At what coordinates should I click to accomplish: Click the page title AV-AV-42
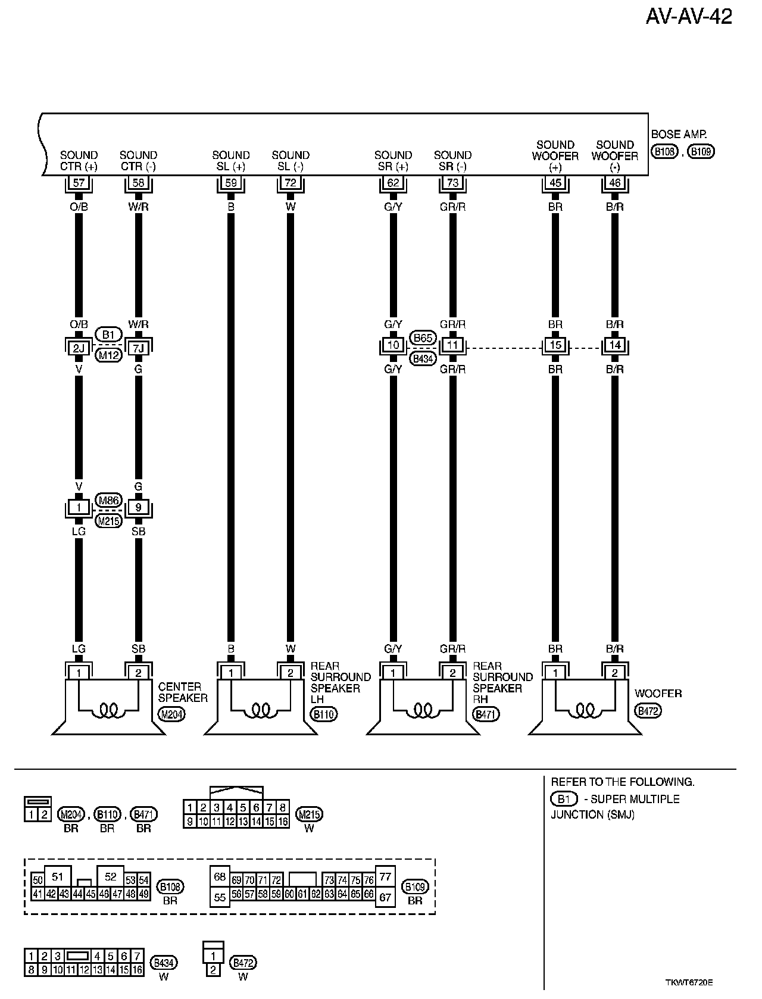coord(689,17)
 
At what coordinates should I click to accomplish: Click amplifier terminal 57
coord(79,183)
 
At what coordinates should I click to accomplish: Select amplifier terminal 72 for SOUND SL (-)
coord(291,183)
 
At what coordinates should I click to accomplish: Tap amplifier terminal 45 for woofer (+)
coord(555,183)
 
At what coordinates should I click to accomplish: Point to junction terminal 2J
coord(79,348)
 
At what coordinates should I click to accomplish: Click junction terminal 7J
coord(138,348)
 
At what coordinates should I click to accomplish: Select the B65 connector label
coord(423,338)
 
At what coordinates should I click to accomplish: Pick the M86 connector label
coord(108,501)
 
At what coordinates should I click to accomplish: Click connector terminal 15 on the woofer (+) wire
coord(555,345)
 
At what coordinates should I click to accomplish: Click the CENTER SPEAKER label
coord(183,692)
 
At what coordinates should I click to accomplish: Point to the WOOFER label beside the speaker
coord(658,694)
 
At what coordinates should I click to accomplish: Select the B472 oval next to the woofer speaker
coord(648,711)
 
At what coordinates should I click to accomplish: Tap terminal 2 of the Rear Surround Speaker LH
coord(291,673)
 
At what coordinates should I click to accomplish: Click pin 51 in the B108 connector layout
coord(57,876)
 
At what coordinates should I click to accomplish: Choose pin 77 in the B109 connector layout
coord(385,876)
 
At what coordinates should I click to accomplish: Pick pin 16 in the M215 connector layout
coord(283,822)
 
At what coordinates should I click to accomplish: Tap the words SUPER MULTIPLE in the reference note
coord(634,799)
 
